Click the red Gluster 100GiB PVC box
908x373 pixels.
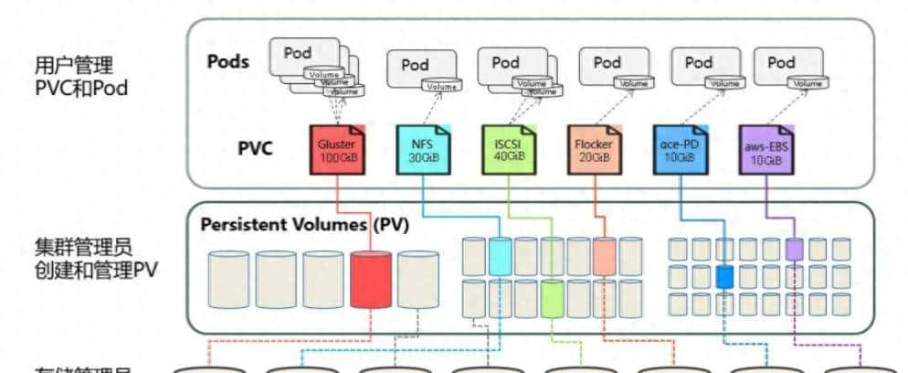click(338, 150)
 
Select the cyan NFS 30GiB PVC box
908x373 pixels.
click(423, 150)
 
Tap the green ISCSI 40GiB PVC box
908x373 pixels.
click(508, 150)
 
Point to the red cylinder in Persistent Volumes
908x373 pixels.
click(370, 279)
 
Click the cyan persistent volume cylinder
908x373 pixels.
click(500, 256)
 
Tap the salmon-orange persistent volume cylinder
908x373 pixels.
click(604, 256)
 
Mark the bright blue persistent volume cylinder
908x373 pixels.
click(724, 275)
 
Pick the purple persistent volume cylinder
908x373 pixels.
click(794, 249)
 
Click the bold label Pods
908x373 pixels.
click(233, 62)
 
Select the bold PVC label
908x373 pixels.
click(253, 148)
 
